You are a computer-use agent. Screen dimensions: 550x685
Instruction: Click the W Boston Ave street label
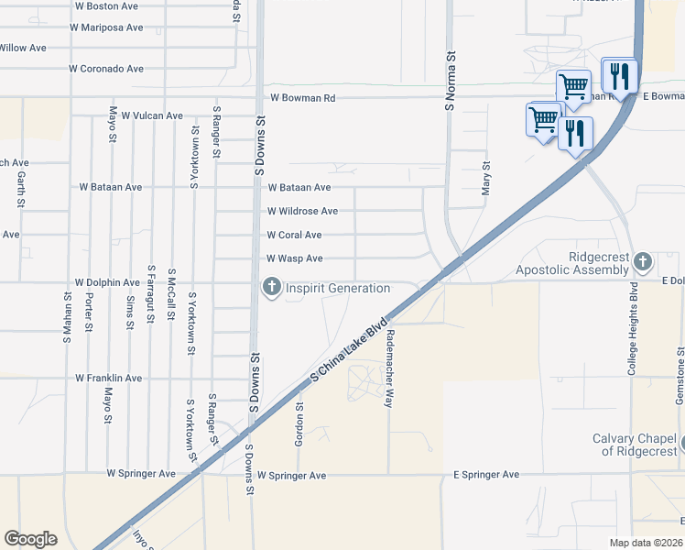(106, 5)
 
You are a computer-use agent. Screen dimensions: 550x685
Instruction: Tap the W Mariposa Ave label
(106, 27)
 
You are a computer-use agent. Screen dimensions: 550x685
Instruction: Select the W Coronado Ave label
(107, 69)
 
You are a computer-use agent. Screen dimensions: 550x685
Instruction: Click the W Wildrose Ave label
(302, 211)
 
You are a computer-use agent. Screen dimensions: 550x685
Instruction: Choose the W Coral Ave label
(294, 235)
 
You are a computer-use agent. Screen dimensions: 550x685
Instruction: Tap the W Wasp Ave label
(294, 259)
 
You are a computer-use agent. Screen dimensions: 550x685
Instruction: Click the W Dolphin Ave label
(107, 282)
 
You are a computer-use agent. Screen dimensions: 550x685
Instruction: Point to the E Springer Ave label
(486, 475)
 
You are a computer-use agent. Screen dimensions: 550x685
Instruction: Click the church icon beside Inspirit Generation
(271, 288)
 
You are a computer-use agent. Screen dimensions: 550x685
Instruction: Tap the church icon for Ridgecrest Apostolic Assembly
(643, 262)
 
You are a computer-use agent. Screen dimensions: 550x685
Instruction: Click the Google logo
(30, 539)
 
